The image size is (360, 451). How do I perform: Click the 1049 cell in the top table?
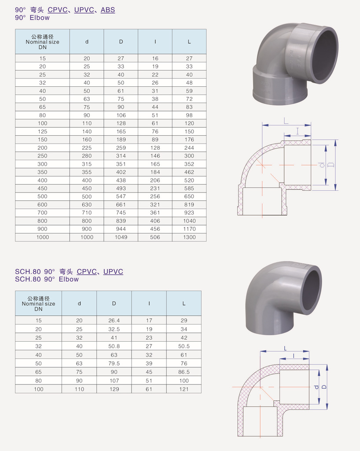click(x=121, y=237)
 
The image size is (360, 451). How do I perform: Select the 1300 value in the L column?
click(x=189, y=237)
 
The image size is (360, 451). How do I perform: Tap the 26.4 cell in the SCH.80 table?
click(x=114, y=321)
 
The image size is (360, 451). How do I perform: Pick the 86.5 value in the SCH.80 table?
click(x=184, y=372)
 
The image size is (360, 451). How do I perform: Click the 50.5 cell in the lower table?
click(x=184, y=346)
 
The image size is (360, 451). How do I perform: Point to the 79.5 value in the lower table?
click(x=114, y=363)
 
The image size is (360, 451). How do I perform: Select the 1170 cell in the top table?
click(x=189, y=229)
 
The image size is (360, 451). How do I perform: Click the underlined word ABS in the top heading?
click(x=108, y=10)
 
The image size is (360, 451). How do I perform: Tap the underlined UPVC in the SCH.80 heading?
click(x=113, y=271)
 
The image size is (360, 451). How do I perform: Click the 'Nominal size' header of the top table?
click(x=43, y=42)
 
